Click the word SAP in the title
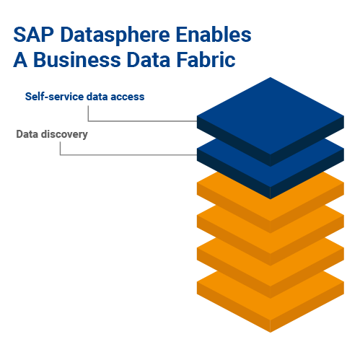(x=33, y=35)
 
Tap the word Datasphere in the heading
(x=115, y=35)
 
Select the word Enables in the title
(x=214, y=35)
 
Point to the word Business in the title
(x=77, y=59)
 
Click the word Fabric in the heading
(x=206, y=59)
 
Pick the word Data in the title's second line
(x=149, y=59)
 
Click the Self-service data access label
(x=84, y=97)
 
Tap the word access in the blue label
(x=128, y=97)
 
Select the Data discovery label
(x=52, y=134)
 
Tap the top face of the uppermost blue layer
(x=271, y=115)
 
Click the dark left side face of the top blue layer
(x=234, y=141)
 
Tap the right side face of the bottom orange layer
(x=307, y=307)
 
